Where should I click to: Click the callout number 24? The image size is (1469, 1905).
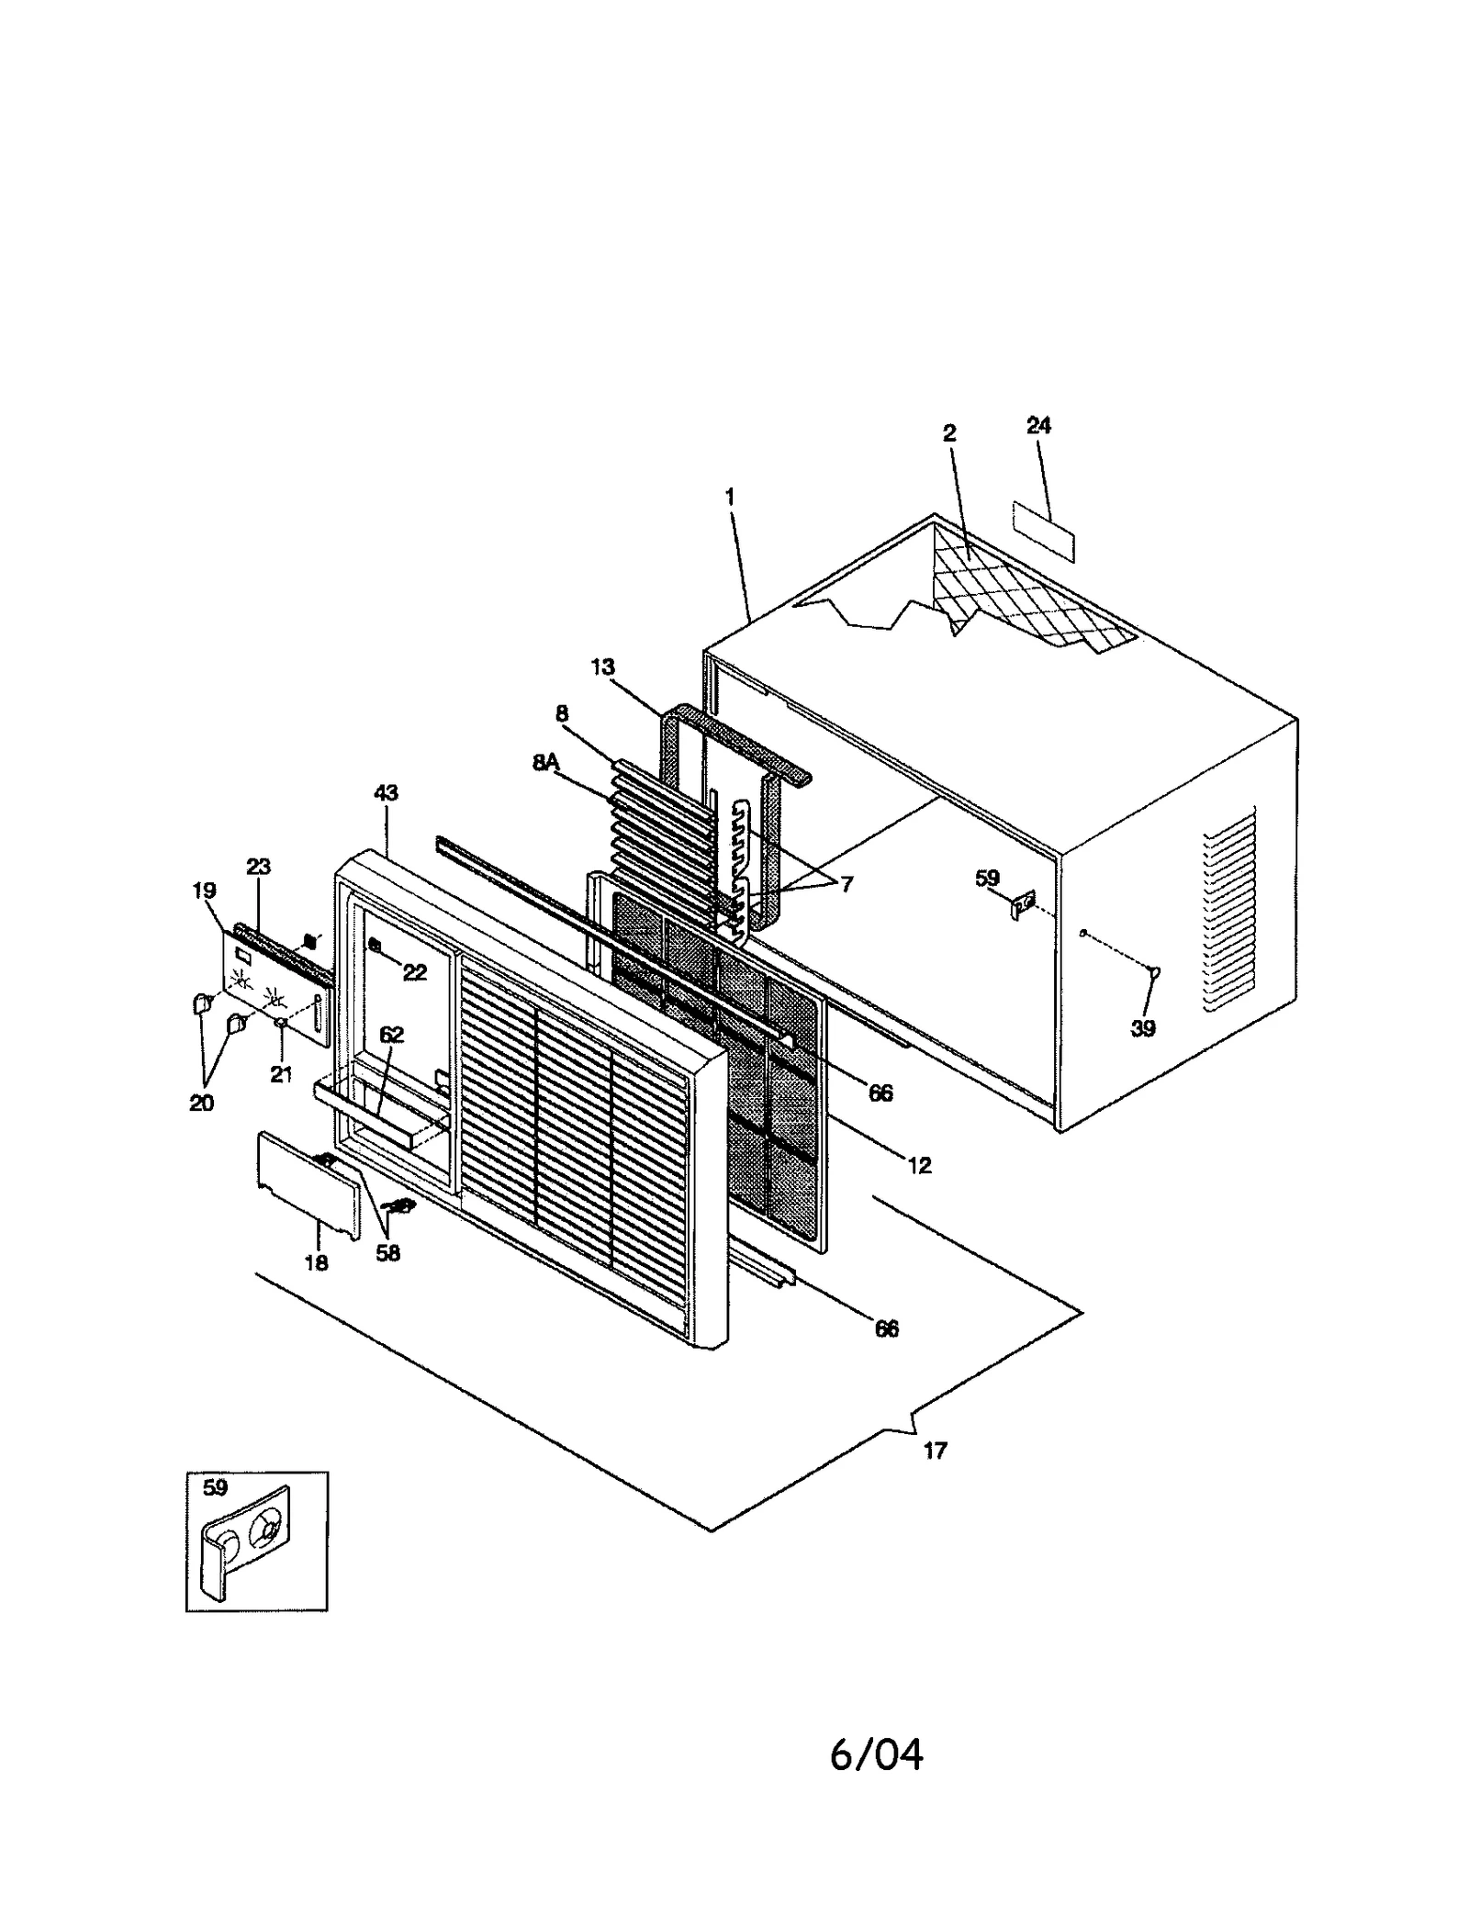point(1038,425)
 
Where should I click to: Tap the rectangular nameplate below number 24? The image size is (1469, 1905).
point(1043,532)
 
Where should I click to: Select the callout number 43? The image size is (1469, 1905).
point(386,792)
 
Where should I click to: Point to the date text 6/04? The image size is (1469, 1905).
point(876,1754)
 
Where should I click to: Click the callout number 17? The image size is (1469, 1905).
point(935,1451)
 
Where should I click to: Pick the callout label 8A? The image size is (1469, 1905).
point(545,762)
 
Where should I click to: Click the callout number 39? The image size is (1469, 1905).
point(1142,1028)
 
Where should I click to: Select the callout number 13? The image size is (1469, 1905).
point(602,667)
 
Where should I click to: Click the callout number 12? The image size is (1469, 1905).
point(919,1165)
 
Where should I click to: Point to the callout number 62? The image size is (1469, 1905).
point(391,1036)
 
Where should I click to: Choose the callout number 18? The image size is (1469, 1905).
point(316,1263)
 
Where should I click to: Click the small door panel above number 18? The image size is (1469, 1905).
point(308,1184)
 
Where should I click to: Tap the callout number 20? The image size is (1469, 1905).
point(201,1104)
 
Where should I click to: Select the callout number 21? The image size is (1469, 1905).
point(280,1074)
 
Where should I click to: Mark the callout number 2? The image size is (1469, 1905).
point(949,432)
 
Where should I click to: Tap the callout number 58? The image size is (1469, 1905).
point(388,1253)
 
